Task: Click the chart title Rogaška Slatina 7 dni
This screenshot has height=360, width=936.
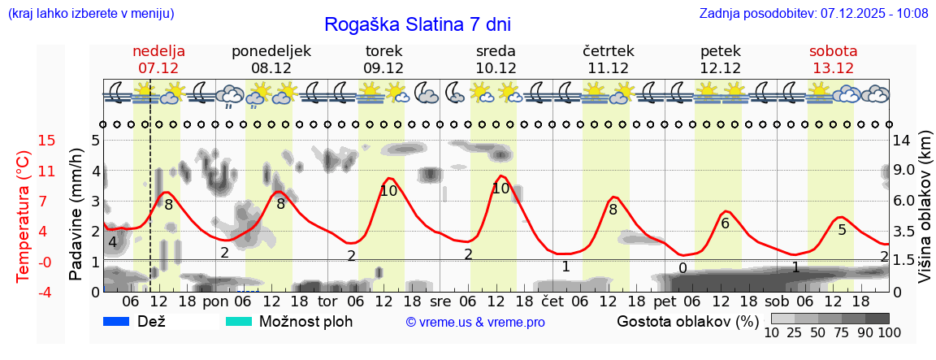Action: tap(418, 24)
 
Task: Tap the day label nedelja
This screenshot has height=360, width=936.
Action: tap(159, 51)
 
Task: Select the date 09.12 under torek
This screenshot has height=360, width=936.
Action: tap(383, 68)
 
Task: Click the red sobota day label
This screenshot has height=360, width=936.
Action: tap(833, 51)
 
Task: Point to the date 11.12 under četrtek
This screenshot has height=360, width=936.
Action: tap(608, 68)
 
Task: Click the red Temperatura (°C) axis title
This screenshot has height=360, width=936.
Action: tap(24, 216)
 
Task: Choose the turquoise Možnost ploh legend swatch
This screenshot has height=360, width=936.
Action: tap(239, 321)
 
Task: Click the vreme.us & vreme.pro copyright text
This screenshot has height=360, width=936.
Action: tap(475, 322)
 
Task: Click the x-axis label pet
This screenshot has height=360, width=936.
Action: tap(664, 301)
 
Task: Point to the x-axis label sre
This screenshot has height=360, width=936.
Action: tap(440, 301)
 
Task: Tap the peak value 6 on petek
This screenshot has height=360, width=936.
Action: tap(726, 223)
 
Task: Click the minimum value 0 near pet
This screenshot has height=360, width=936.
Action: tap(682, 268)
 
